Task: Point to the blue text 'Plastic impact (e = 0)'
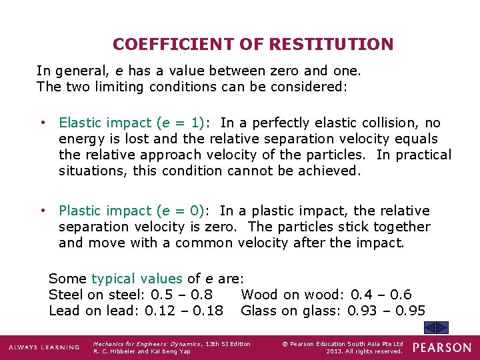point(131,211)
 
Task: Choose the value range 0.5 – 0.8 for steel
point(182,295)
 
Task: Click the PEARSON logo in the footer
point(441,347)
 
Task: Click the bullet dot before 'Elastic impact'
point(43,123)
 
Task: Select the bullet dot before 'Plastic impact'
point(43,211)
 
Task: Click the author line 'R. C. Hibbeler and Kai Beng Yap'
point(142,351)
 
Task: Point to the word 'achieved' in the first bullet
point(329,171)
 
